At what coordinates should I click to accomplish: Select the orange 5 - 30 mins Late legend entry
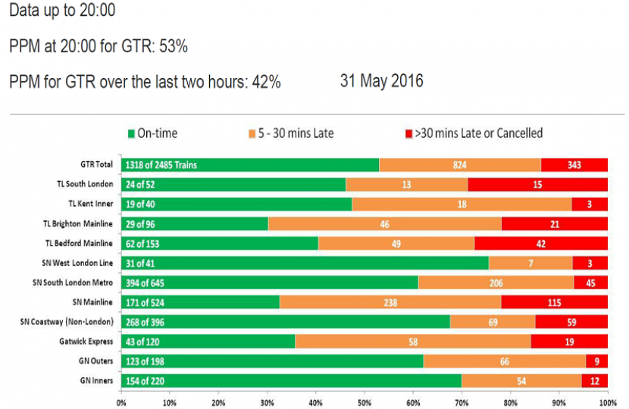pyautogui.click(x=291, y=133)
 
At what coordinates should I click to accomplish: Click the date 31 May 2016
pyautogui.click(x=382, y=80)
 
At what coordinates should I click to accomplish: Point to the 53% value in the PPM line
pyautogui.click(x=174, y=47)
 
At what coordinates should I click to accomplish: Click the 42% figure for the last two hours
pyautogui.click(x=265, y=82)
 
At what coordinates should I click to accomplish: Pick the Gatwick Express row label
pyautogui.click(x=89, y=342)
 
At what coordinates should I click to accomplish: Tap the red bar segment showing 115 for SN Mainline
pyautogui.click(x=554, y=302)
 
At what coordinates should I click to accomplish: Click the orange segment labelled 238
pyautogui.click(x=390, y=302)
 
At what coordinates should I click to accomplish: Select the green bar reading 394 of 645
pyautogui.click(x=269, y=283)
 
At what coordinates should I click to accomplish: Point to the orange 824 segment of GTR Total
pyautogui.click(x=460, y=164)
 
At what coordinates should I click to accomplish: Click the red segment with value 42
pyautogui.click(x=541, y=243)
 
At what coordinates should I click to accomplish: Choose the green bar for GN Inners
pyautogui.click(x=291, y=381)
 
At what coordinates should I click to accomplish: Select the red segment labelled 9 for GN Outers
pyautogui.click(x=596, y=361)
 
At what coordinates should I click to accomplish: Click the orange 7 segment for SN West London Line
pyautogui.click(x=530, y=263)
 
